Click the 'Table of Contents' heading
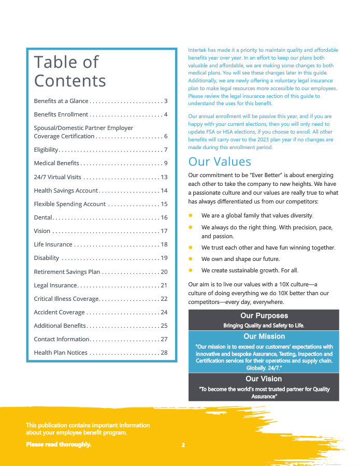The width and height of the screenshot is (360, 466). point(70,71)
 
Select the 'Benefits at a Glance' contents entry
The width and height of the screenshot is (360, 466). point(61,101)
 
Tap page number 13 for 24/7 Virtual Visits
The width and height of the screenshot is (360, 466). point(164,177)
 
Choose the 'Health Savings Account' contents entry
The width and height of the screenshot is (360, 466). point(66,191)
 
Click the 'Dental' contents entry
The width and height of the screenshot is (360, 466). point(42,217)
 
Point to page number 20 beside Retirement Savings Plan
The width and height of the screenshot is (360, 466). point(164,272)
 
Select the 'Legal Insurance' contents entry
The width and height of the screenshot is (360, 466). point(55,285)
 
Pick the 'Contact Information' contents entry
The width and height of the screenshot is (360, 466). point(62,339)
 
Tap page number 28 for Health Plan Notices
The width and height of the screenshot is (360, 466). point(164,353)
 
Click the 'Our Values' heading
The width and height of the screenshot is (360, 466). point(220,162)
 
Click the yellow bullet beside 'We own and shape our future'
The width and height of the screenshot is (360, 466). point(191,258)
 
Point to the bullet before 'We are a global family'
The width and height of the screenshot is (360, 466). point(191,215)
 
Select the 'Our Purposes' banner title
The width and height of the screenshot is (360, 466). point(264,316)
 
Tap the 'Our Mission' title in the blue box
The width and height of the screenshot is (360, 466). point(264,337)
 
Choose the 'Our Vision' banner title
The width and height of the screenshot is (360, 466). point(264,379)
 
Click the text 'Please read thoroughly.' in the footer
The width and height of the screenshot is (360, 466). point(59,444)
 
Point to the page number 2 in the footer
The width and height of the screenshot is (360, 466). point(183,445)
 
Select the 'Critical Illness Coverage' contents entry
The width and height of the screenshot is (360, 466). point(66,299)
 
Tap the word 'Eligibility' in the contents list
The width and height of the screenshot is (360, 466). point(46,150)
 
